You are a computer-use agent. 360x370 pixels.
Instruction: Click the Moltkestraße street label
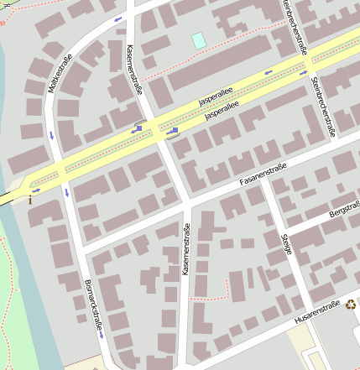(x=63, y=74)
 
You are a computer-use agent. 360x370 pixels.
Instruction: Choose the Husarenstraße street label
(x=317, y=312)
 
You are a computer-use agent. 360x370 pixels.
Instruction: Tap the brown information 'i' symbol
(x=32, y=200)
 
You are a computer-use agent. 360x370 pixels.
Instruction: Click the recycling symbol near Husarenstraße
(x=351, y=305)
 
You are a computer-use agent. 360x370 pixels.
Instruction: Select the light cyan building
(x=198, y=40)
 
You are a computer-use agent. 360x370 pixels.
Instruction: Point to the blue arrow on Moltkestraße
(x=53, y=134)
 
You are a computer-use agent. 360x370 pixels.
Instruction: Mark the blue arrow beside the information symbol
(x=36, y=190)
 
